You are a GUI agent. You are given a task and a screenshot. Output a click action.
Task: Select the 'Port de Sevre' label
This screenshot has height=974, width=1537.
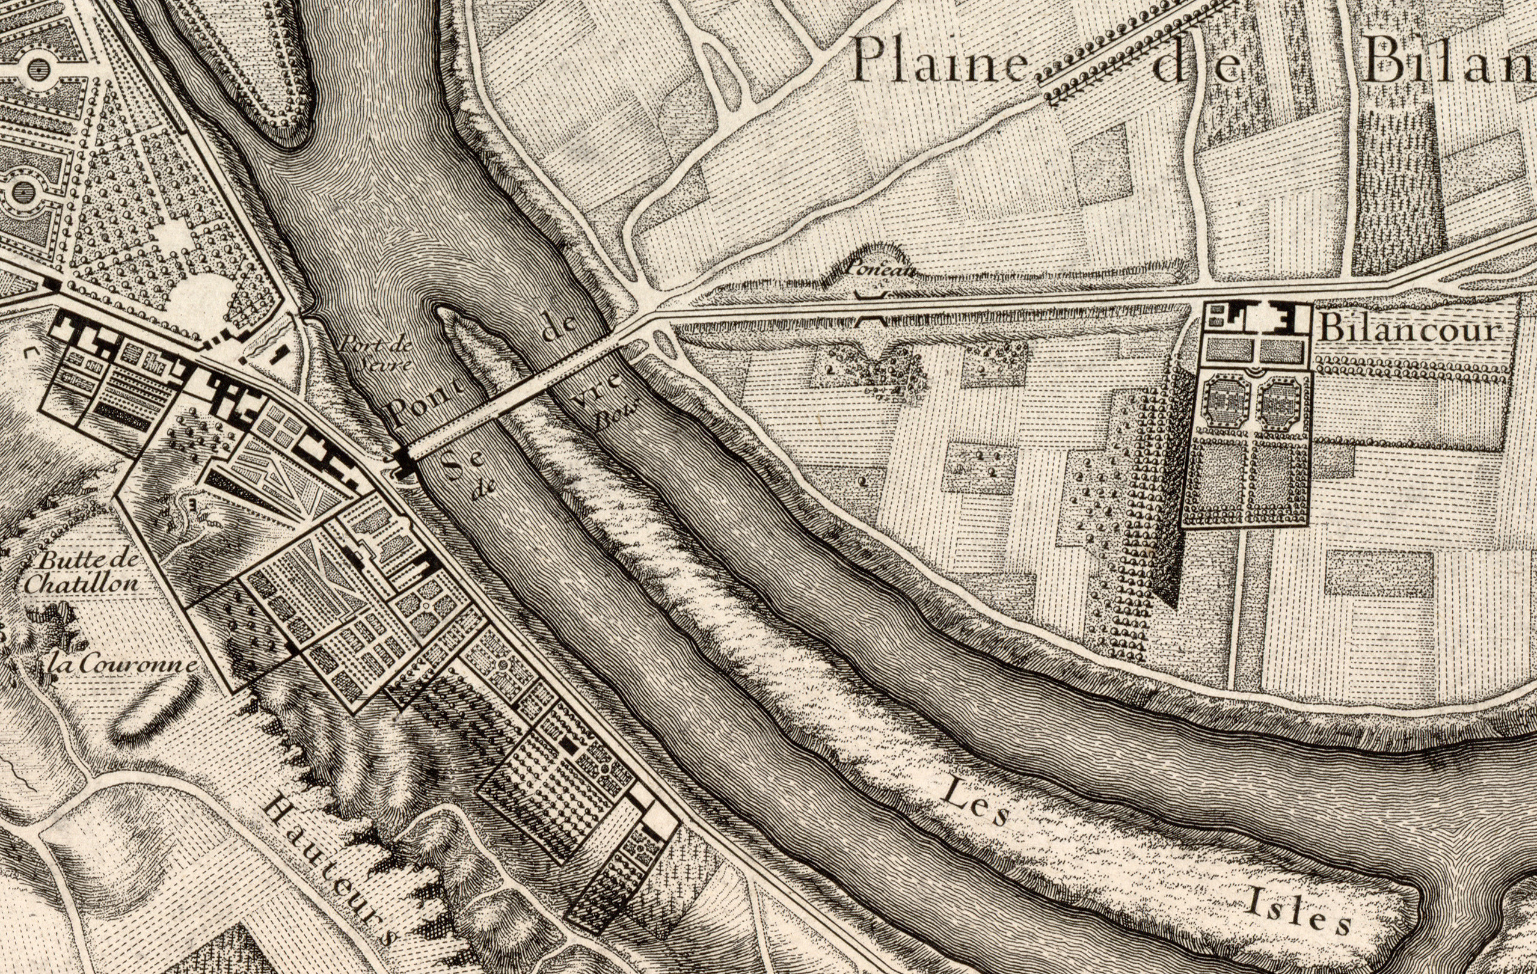point(375,353)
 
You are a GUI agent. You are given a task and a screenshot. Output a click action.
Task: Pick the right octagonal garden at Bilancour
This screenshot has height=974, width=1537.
point(1280,401)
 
